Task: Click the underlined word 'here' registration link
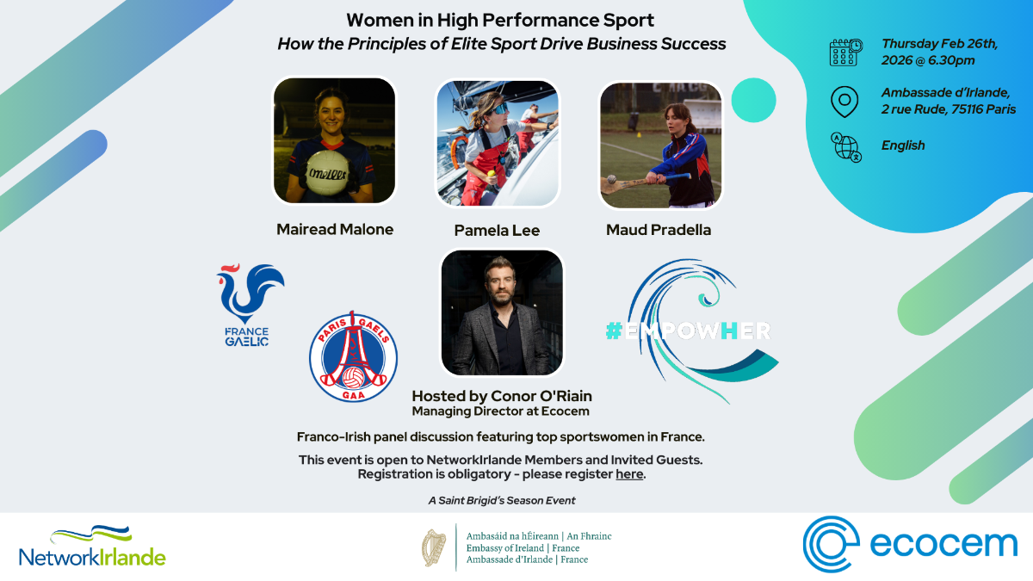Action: tap(629, 474)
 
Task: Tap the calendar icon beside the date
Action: tap(845, 53)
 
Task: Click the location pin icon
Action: tap(844, 102)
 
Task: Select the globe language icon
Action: tap(845, 147)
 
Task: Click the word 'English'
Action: tap(902, 145)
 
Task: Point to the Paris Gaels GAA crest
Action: tap(353, 357)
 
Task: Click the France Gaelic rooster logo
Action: tap(250, 305)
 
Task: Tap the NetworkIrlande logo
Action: tap(92, 547)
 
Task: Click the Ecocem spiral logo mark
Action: tap(831, 544)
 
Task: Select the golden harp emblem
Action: tap(434, 547)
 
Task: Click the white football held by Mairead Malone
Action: tap(328, 173)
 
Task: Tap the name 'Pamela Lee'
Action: tap(497, 230)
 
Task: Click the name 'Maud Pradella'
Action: tap(658, 230)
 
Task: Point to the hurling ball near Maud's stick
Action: tap(611, 179)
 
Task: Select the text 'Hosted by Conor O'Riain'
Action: tap(502, 396)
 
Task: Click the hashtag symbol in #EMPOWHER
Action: tap(615, 331)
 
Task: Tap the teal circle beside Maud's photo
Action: tap(753, 100)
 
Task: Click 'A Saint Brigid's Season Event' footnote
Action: tap(502, 500)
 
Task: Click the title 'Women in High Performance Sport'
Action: tap(500, 21)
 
